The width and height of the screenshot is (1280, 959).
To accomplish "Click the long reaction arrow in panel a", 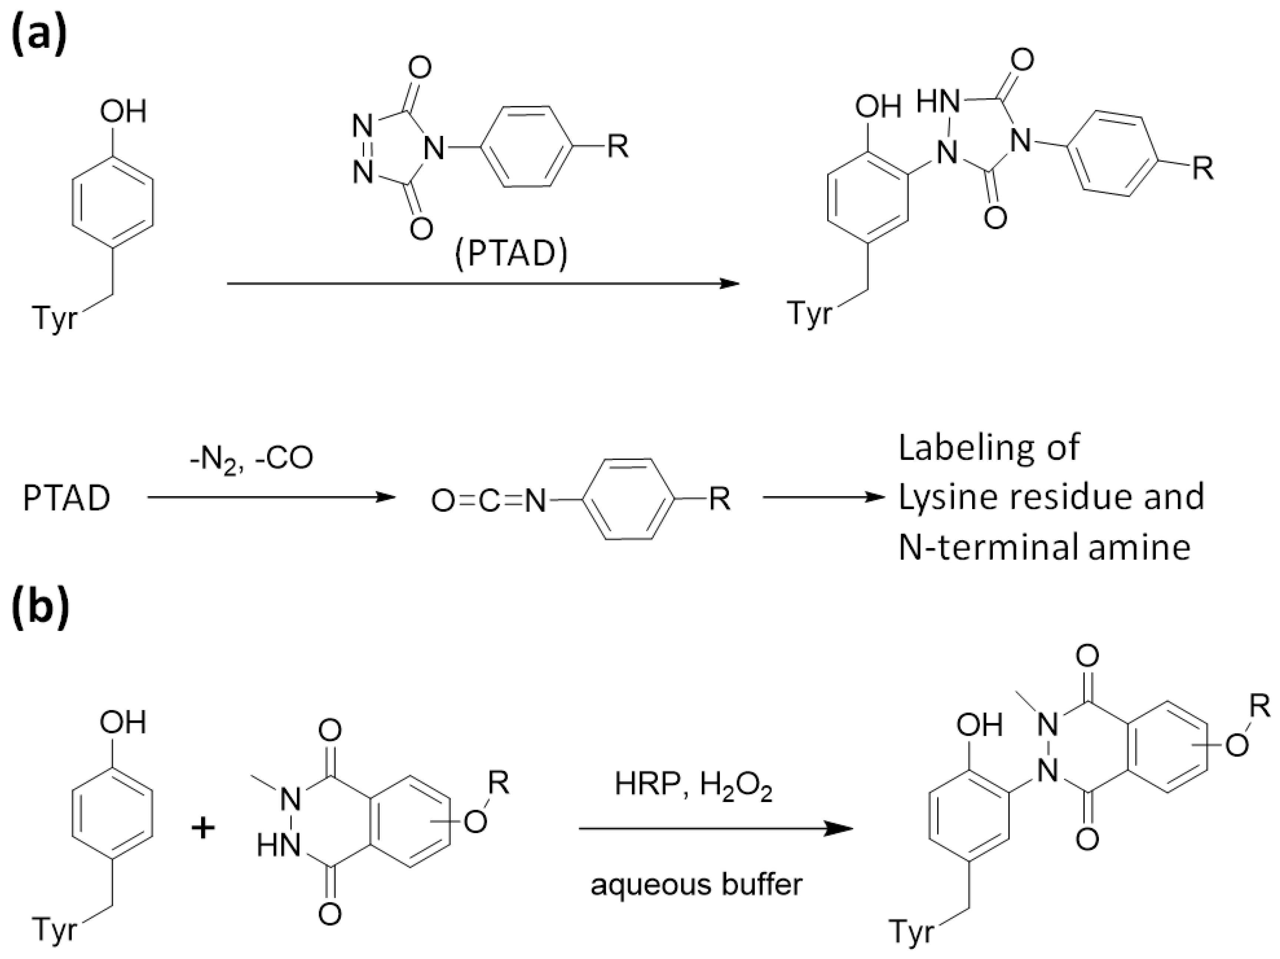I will tap(483, 283).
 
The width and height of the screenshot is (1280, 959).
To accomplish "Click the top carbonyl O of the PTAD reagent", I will tap(419, 68).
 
